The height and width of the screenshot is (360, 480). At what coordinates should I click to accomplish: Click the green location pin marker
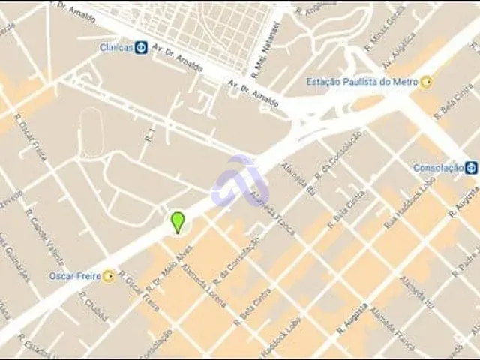[178, 222]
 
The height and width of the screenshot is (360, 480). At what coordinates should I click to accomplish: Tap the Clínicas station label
[116, 47]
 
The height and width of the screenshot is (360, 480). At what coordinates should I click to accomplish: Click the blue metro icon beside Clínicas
[141, 47]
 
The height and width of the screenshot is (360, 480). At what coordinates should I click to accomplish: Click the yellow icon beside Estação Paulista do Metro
[427, 82]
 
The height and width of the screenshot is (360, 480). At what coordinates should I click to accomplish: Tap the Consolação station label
[438, 168]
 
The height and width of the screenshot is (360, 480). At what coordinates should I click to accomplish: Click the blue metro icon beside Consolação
[471, 168]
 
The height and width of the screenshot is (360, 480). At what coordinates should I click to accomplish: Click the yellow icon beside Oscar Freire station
[109, 276]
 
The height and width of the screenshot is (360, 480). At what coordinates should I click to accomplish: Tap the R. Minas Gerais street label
[385, 29]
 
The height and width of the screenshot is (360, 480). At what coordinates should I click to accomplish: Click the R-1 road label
[151, 136]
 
